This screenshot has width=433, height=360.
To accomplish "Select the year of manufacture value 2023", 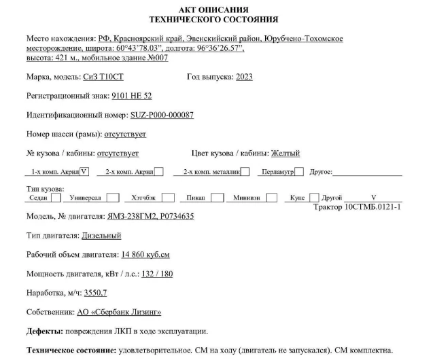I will pos(244,77).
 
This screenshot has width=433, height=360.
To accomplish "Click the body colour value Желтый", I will pos(285,153).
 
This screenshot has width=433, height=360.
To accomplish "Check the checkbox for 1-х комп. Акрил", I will pos(84,171).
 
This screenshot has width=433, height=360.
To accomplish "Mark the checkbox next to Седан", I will pos(56,198).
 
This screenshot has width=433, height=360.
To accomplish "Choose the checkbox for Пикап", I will pos(218,198).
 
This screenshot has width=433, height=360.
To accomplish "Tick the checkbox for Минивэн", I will pos(272,198).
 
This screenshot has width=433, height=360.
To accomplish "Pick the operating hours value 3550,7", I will pos(94,293).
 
